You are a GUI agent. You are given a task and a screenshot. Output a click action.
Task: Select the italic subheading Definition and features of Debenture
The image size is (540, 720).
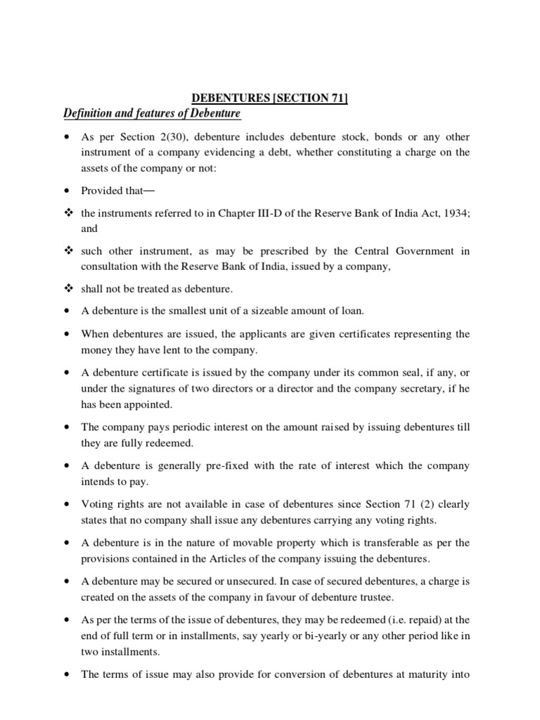pos(152,114)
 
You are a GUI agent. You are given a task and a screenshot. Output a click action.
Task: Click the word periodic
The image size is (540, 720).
pos(175,426)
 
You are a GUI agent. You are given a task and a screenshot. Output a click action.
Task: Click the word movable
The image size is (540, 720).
pos(243,543)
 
